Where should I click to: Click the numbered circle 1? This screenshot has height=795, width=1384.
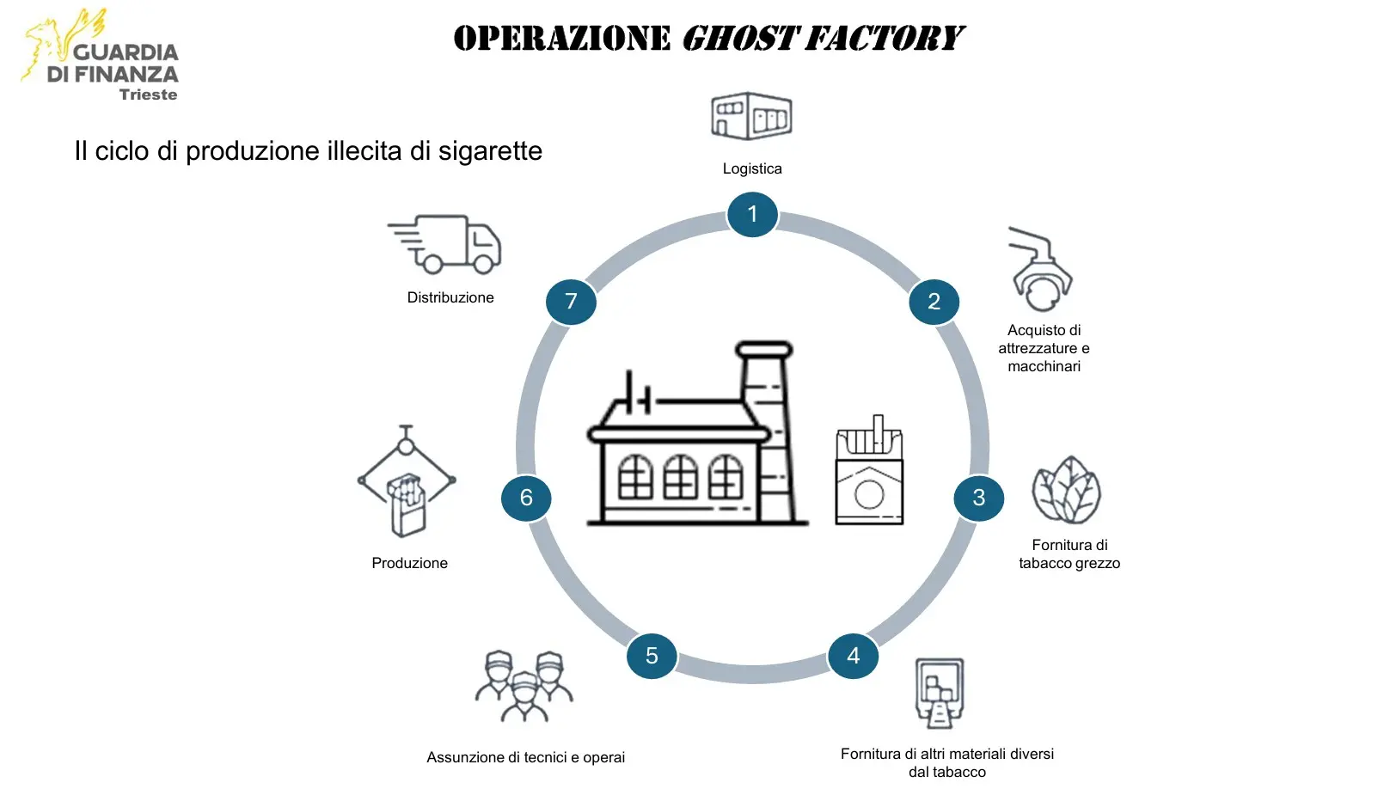pos(752,214)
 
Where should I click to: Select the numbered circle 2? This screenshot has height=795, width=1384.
pos(934,302)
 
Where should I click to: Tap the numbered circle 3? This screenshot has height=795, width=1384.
pos(978,498)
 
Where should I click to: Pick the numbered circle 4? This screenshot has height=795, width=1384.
pos(853,656)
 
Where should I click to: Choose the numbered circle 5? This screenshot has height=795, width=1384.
pos(652,656)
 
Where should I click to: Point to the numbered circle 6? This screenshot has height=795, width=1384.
pos(526,498)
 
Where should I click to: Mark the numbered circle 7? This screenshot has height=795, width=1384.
pos(571,302)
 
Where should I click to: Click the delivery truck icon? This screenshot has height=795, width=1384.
pos(447,244)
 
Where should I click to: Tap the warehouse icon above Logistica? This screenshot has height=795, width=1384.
pos(751,116)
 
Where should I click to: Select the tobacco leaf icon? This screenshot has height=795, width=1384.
pos(1066,490)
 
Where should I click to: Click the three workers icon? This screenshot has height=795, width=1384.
pos(524,686)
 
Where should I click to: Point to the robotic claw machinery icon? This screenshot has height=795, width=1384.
pos(1040,270)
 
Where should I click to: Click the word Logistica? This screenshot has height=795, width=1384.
pos(752,168)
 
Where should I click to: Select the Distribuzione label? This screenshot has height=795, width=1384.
pos(450,297)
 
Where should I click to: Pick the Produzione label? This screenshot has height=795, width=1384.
pos(409,563)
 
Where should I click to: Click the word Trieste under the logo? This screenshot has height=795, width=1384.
pos(148,95)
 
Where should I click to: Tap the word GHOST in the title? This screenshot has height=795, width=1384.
pos(740,39)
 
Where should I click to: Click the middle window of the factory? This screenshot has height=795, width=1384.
pos(680,477)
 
